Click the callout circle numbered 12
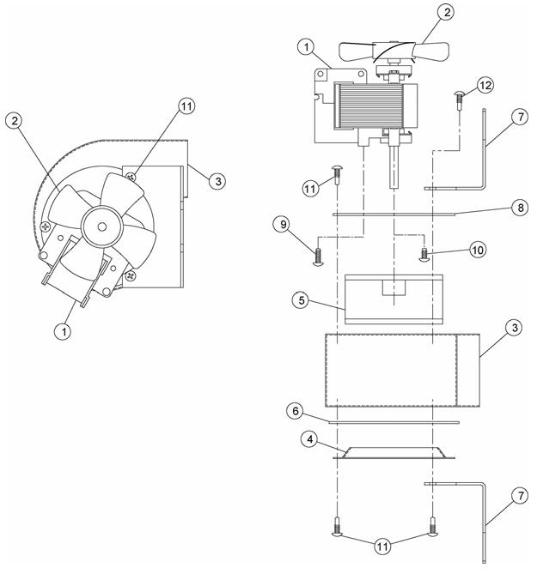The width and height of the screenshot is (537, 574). [x=485, y=85]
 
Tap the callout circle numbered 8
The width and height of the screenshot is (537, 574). [x=520, y=208]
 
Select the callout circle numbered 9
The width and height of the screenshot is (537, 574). [x=283, y=224]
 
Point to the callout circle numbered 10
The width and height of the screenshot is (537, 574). [x=478, y=250]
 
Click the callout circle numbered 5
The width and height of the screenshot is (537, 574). [x=302, y=300]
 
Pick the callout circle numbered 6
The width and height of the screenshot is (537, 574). [x=296, y=411]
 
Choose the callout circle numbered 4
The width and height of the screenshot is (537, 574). [x=309, y=439]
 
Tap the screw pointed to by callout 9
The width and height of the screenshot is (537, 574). [x=318, y=257]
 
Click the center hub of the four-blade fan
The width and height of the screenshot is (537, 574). [x=102, y=227]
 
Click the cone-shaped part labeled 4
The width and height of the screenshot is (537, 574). [x=394, y=453]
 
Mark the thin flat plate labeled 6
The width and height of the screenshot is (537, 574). [x=394, y=422]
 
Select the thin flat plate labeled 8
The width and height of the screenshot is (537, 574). [x=394, y=214]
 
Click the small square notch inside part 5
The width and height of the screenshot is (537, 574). [x=394, y=287]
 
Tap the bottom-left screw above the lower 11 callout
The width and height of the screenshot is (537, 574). [x=337, y=528]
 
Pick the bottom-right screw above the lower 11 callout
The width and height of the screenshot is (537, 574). [x=433, y=528]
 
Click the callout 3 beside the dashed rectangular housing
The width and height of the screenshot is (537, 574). [x=515, y=328]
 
